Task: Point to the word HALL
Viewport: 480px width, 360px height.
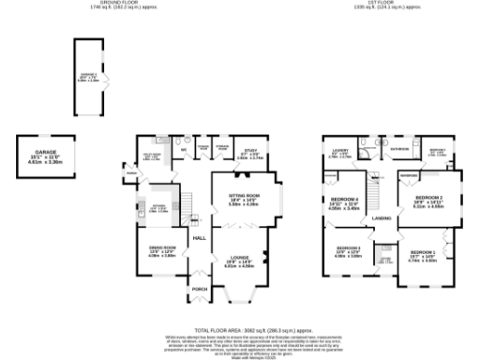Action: tap(199, 238)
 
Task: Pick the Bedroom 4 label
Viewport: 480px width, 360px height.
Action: tap(346, 201)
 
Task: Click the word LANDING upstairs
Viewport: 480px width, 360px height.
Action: tap(382, 217)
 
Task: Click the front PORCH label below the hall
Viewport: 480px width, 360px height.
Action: tap(199, 289)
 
